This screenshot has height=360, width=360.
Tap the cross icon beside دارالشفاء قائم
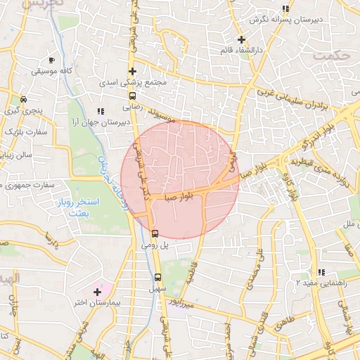pyautogui.click(x=241, y=39)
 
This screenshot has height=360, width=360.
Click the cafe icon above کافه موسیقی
pyautogui.click(x=51, y=60)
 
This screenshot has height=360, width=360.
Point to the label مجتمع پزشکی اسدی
pyautogui.click(x=133, y=82)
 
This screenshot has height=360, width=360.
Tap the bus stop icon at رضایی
pyautogui.click(x=133, y=96)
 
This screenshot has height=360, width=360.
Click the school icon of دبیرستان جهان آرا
pyautogui.click(x=101, y=110)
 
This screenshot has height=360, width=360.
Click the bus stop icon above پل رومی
pyautogui.click(x=155, y=233)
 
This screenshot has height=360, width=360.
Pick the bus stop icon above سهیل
pyautogui.click(x=157, y=276)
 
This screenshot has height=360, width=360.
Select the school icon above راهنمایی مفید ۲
pyautogui.click(x=321, y=271)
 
